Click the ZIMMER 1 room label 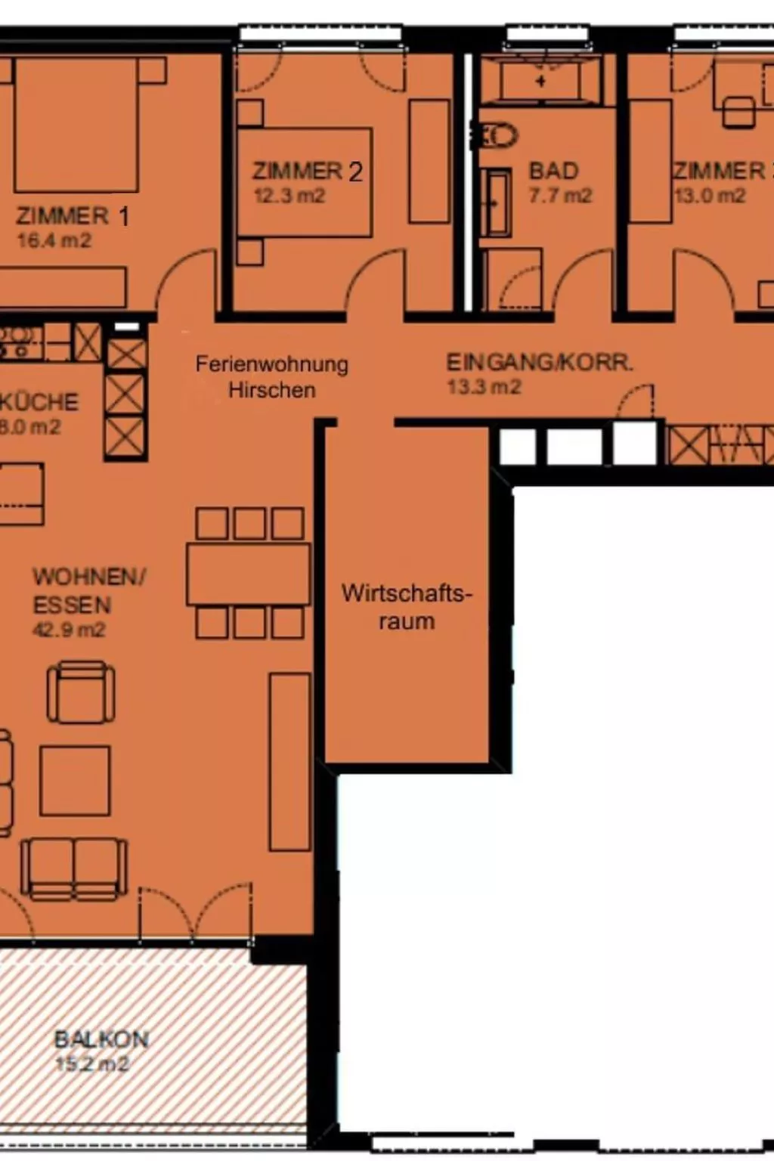coord(72,216)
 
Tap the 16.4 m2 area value coord(54,241)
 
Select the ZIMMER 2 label coord(307,172)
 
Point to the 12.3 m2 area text coord(289,197)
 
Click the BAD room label coord(553,171)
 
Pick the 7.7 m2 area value coord(560,196)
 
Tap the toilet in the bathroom coord(497,137)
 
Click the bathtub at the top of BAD coord(540,79)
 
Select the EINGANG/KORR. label coord(539,362)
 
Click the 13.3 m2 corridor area coord(484,388)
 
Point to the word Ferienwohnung coord(271,364)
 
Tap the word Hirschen coord(271,390)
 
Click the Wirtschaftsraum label coord(407,607)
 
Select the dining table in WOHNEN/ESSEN coord(249,574)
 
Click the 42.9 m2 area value coord(69,630)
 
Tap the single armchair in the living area coord(82,692)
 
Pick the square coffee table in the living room coord(75,780)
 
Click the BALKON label coord(101,1039)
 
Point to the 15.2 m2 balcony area coord(92,1064)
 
